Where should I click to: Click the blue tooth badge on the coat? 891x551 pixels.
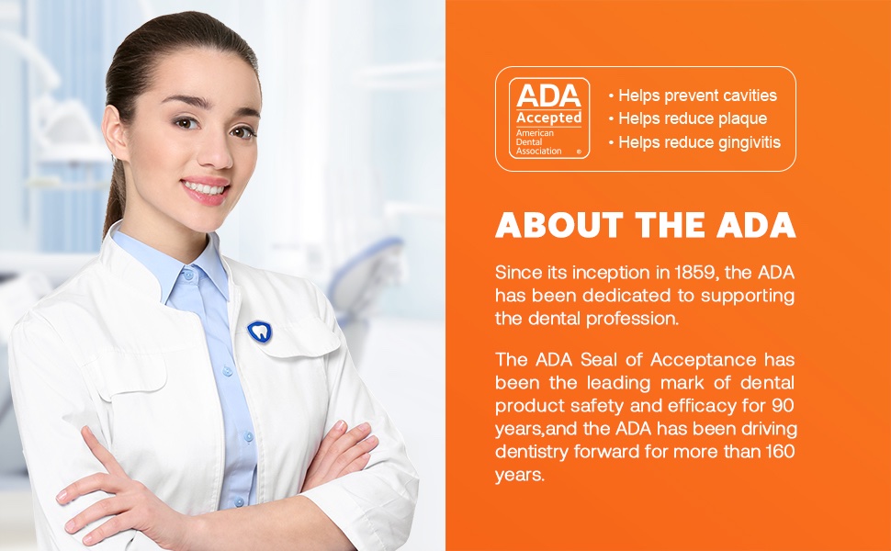260,332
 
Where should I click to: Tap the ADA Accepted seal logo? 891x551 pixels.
549,118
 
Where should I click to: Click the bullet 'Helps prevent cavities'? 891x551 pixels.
693,96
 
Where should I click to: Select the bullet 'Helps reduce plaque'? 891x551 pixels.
688,118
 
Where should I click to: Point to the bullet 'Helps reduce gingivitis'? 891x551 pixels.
694,142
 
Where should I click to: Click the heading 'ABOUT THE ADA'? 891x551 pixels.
646,225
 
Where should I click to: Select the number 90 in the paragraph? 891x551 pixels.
783,406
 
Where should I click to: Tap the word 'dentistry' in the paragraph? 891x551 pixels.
531,452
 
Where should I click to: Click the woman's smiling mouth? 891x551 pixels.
205,188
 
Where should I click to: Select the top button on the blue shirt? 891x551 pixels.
187,276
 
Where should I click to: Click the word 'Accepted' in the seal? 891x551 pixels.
549,118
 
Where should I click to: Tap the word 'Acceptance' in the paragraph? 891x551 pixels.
704,360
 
